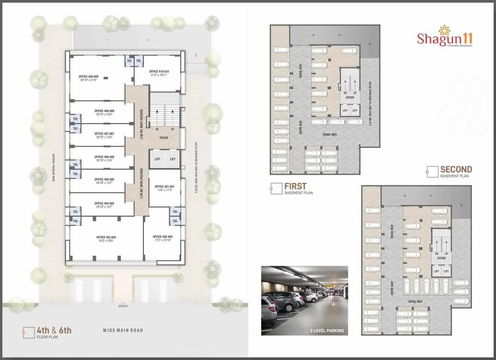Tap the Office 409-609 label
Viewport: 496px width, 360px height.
pos(88,77)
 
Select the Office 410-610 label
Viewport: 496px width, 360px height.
pos(159,72)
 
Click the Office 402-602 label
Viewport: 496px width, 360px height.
pos(163,237)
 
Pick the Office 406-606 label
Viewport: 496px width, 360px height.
pos(104,157)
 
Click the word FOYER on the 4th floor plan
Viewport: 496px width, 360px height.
pos(164,138)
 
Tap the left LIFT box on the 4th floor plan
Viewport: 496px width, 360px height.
pos(157,159)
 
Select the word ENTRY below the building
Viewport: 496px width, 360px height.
pos(123,307)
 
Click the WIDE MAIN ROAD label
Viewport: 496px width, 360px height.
pos(123,330)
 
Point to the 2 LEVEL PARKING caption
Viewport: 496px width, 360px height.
pos(327,330)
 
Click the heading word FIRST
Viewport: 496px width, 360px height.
pos(295,186)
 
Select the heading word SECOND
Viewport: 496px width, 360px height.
pos(456,169)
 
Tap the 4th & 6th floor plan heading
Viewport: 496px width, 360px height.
pos(54,330)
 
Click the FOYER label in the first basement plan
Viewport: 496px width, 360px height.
pos(350,98)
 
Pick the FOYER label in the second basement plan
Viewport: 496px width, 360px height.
pos(442,259)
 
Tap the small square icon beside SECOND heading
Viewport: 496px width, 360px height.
pos(432,172)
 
